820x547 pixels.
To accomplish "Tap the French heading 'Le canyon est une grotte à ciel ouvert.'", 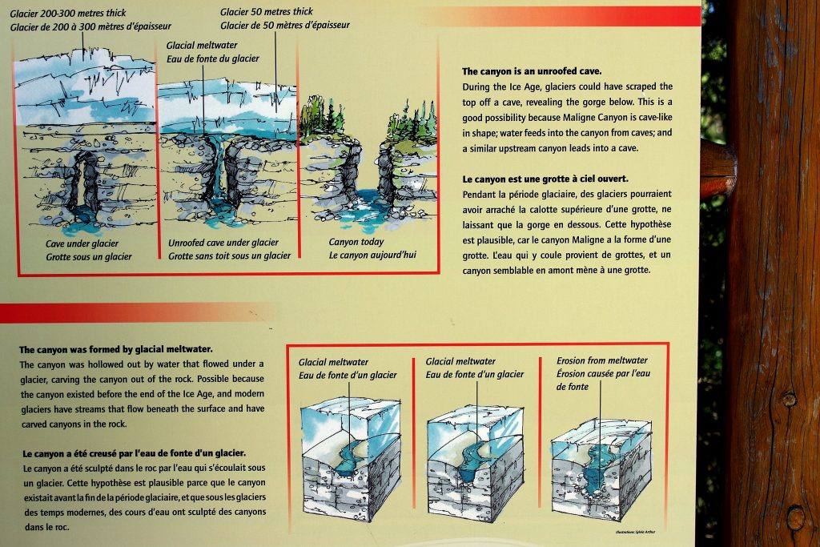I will (x=545, y=179).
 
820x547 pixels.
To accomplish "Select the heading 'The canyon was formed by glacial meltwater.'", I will (x=116, y=349).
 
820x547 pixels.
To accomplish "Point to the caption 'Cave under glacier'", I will (x=82, y=243).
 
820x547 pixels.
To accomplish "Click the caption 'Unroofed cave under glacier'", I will (x=223, y=243).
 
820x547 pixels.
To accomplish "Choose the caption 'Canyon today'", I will (x=356, y=242).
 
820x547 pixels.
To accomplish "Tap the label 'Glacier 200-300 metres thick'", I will (x=68, y=13).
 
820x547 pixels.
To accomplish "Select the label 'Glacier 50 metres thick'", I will (x=267, y=12).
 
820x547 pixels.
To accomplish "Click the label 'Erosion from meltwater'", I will (x=602, y=360).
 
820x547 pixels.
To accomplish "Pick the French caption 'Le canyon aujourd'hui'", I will (x=372, y=255).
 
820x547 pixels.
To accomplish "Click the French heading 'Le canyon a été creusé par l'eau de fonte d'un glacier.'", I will (x=134, y=452).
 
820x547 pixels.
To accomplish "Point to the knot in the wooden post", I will (x=790, y=398).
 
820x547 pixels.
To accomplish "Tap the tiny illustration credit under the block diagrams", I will (x=635, y=532).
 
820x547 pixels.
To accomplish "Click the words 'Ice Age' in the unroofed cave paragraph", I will (x=521, y=86).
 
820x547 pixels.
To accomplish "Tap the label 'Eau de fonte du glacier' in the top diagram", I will (x=213, y=58).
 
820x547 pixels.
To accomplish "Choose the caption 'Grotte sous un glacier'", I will (x=88, y=256).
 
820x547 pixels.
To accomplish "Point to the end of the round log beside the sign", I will (x=717, y=169).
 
